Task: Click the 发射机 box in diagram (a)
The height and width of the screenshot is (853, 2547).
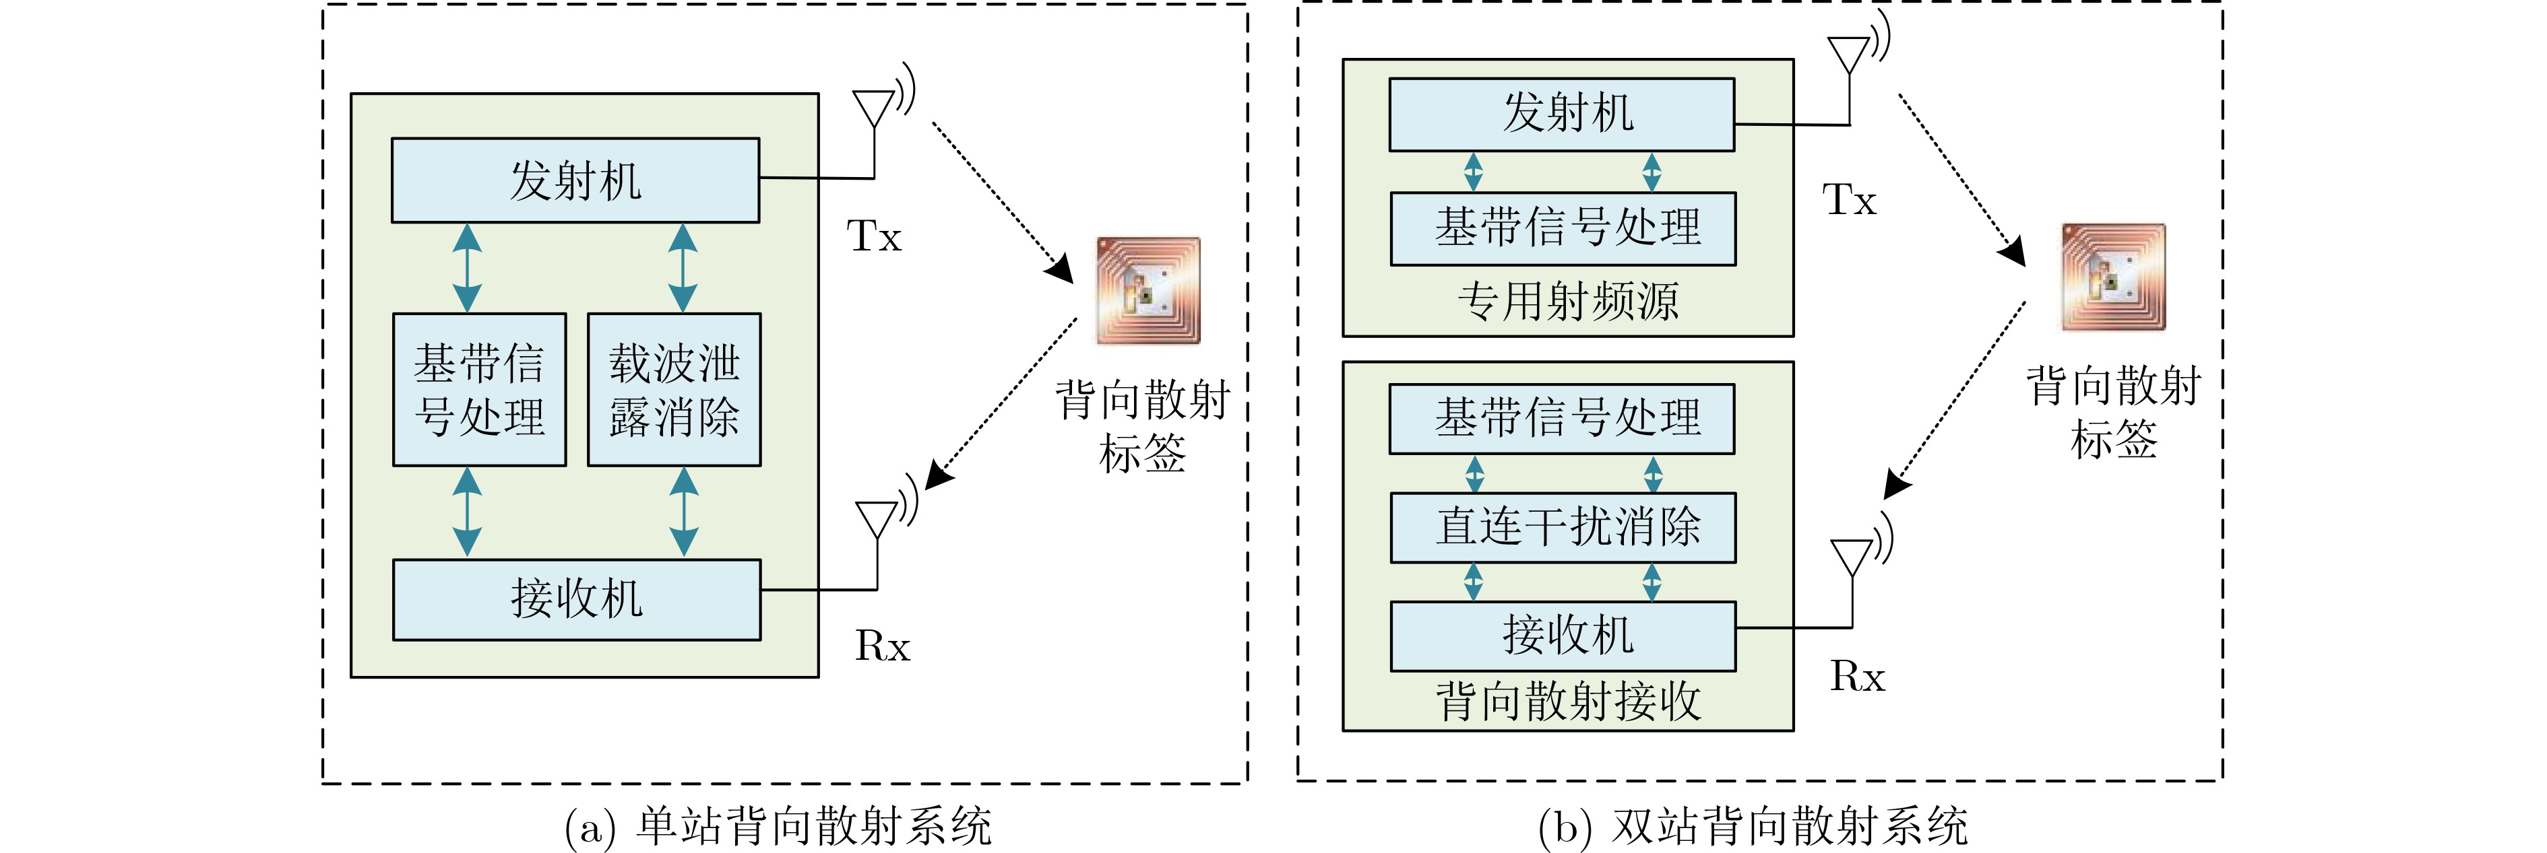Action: [x=575, y=180]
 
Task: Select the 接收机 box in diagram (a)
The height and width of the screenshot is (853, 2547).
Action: [x=576, y=599]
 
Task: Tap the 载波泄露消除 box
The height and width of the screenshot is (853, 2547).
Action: [x=674, y=389]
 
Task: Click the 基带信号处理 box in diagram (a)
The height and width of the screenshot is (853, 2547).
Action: [x=480, y=389]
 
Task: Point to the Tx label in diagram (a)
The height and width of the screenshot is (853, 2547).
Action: [x=874, y=237]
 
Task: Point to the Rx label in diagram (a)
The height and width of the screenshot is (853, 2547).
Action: [x=881, y=646]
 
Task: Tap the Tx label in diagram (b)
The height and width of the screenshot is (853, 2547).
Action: [x=1849, y=201]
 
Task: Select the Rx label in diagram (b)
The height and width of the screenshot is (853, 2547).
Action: [x=1857, y=677]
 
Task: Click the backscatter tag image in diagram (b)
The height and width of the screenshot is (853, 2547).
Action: [x=2113, y=277]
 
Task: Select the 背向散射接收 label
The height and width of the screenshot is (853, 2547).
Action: [x=1567, y=701]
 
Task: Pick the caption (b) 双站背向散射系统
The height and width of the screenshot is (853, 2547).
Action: [x=1752, y=826]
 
